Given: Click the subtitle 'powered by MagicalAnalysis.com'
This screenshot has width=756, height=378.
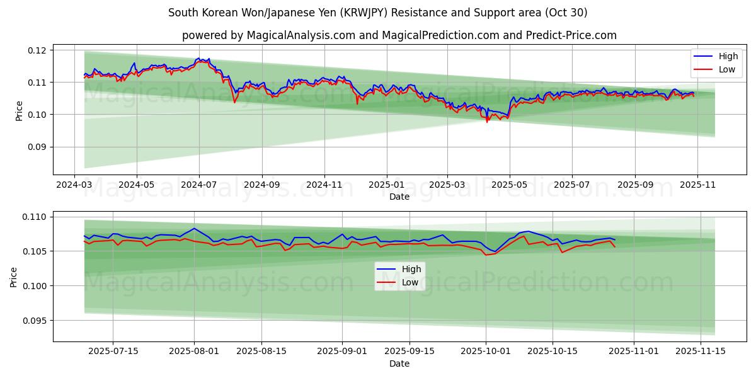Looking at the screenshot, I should pos(399,35).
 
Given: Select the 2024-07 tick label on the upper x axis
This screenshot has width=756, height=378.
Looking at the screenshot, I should pos(199,185).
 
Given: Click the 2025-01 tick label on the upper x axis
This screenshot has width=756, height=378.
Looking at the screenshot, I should pos(386,185).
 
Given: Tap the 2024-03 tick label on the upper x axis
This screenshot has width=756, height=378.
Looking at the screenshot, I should pos(75,185).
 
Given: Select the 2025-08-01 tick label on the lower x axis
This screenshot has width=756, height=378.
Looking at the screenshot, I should pos(194,352).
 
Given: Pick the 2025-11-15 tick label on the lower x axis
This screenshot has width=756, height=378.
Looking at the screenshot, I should pos(701,352).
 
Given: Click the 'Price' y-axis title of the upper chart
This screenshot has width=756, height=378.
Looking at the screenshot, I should pos(19,110).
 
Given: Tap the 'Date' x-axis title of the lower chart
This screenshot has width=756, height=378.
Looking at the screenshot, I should pos(399,364).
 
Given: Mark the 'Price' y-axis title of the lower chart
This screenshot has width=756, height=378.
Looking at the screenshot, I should pos(14,277).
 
